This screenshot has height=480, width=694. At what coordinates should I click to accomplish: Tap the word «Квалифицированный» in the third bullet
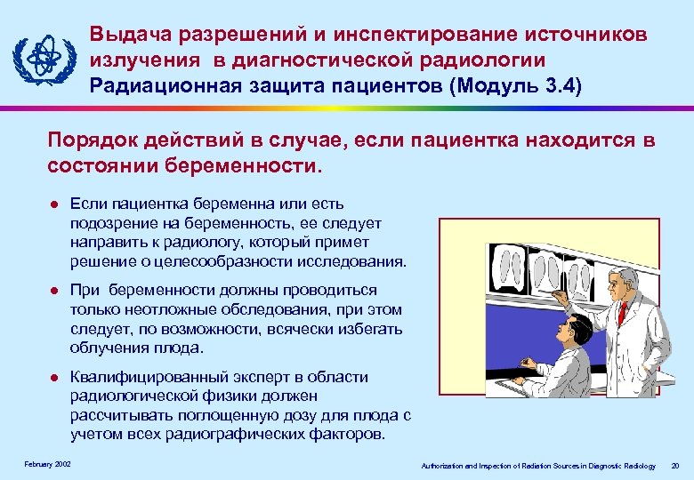(x=143, y=377)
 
